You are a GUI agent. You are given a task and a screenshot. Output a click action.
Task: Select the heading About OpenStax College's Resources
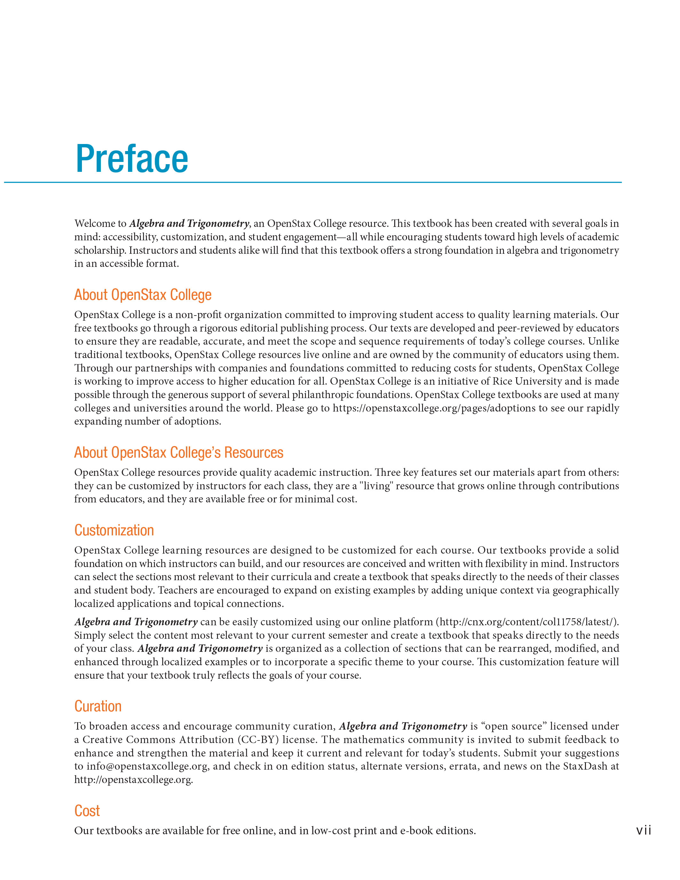click(x=179, y=452)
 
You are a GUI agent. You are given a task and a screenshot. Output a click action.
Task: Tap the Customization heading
click(x=114, y=530)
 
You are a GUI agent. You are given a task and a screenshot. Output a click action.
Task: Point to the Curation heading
click(x=98, y=706)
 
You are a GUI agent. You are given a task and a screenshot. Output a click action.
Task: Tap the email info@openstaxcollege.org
click(x=148, y=766)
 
